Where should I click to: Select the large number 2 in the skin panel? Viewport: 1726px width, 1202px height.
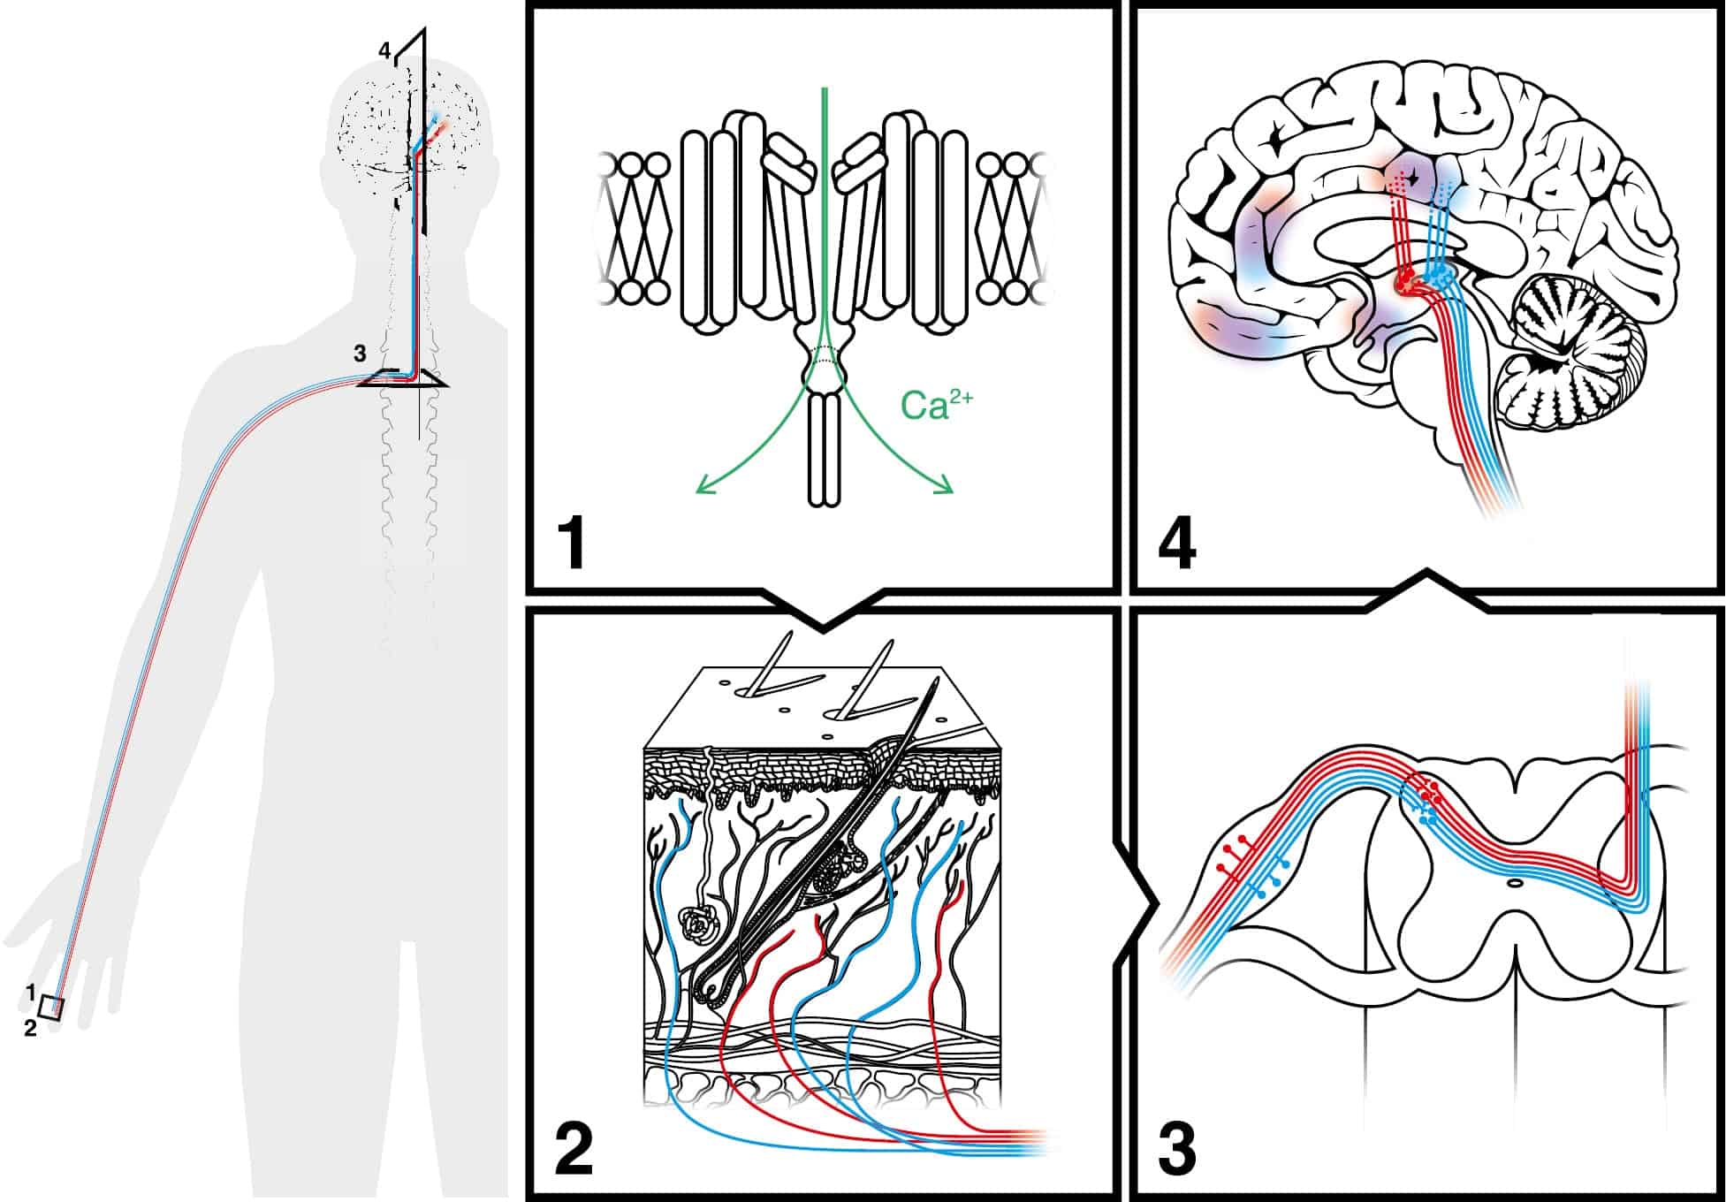[x=574, y=1148]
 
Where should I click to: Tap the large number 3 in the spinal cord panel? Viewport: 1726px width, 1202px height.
[x=1177, y=1148]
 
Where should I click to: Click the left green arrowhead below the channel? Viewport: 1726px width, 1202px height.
[x=703, y=486]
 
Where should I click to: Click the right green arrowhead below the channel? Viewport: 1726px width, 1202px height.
[x=947, y=486]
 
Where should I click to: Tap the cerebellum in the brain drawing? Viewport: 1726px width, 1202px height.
[x=1573, y=354]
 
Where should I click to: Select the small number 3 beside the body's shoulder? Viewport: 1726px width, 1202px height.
[x=360, y=354]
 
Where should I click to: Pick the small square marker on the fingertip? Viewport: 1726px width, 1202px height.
[x=52, y=1008]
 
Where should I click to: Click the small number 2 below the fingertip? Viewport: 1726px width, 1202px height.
[x=30, y=1028]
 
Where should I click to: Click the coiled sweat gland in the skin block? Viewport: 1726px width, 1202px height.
[x=699, y=924]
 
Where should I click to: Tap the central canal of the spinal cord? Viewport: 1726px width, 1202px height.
[x=1515, y=882]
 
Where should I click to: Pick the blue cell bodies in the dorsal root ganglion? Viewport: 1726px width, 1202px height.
[x=1271, y=878]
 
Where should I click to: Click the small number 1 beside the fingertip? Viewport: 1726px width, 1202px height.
[x=30, y=993]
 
